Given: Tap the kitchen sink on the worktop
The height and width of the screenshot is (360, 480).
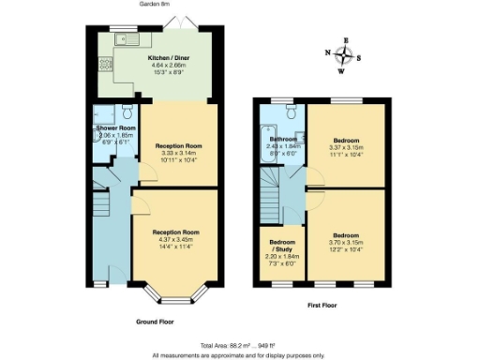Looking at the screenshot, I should [x=125, y=40].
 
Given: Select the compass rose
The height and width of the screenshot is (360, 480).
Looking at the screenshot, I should [x=345, y=54].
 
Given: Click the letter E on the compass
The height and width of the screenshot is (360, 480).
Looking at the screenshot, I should [x=345, y=40].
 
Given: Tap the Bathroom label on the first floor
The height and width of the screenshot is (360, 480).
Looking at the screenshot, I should [x=283, y=138].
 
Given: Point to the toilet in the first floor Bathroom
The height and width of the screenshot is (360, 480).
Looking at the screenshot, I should [x=293, y=113].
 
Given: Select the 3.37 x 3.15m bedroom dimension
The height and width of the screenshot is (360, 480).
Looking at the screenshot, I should [x=346, y=146].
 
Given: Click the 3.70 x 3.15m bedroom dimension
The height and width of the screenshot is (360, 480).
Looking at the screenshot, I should [x=346, y=241].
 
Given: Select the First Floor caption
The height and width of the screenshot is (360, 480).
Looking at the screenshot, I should [x=322, y=306].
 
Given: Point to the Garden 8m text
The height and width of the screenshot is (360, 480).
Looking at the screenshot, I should [x=156, y=4].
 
